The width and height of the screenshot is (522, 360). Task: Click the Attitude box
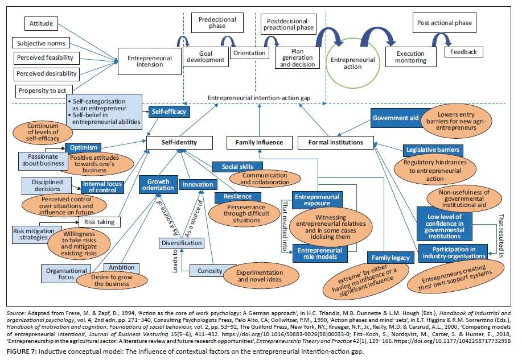click(42, 23)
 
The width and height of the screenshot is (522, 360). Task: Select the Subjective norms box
click(40, 43)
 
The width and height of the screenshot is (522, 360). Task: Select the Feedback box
click(464, 52)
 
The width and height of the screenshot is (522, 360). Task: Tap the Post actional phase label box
click(444, 23)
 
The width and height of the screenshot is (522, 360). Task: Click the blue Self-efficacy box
click(168, 111)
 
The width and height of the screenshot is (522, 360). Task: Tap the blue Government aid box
click(394, 118)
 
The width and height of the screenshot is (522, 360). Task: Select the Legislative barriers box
click(432, 150)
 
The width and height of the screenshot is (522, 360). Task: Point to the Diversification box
click(180, 243)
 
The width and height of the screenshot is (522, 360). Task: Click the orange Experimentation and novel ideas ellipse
click(259, 276)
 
